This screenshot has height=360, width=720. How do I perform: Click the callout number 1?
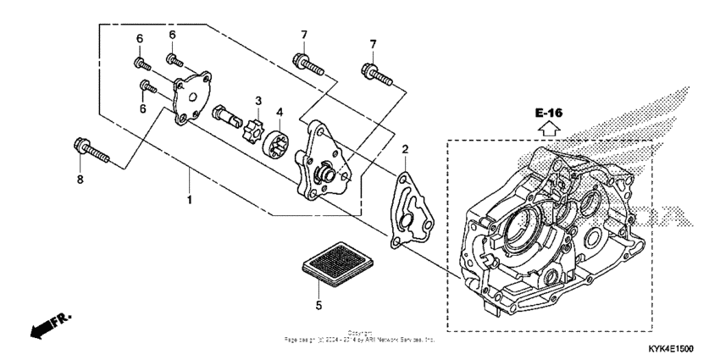click(190, 200)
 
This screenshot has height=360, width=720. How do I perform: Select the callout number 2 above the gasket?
click(405, 149)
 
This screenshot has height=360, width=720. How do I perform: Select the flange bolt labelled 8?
click(93, 152)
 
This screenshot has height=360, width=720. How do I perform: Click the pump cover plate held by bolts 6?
click(191, 98)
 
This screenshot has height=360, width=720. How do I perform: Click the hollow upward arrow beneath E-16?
click(548, 129)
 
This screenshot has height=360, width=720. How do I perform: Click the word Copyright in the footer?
click(360, 333)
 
